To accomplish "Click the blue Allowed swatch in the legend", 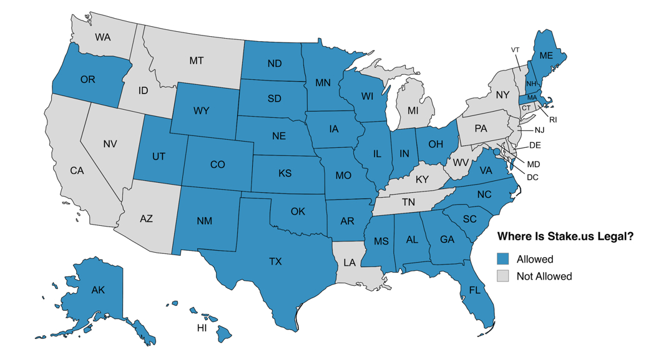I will (503, 259).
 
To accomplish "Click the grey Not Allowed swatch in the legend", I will (503, 276).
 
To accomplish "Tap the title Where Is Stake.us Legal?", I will (565, 237).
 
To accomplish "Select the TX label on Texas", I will (275, 261).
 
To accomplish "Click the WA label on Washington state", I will (103, 37).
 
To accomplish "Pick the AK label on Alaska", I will (98, 290).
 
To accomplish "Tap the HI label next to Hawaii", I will (202, 328).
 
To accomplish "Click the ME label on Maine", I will (546, 56).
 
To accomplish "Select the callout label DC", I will (532, 177).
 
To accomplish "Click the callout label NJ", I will (539, 130).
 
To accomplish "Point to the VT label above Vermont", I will (515, 50).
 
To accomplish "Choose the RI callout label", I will (552, 119).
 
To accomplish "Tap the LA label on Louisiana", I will (350, 263).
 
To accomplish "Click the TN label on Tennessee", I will (408, 202).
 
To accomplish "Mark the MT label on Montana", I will (196, 61).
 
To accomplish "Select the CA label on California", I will (77, 170).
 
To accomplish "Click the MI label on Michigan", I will (413, 110).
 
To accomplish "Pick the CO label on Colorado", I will (217, 165).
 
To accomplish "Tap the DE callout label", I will (535, 145).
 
